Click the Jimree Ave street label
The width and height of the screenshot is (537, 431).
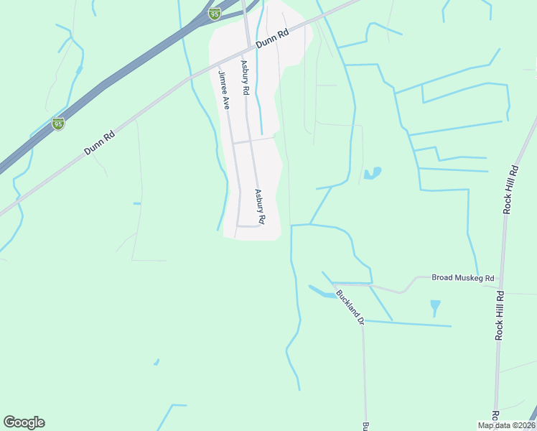pyautogui.click(x=223, y=90)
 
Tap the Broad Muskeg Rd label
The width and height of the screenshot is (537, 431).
pyautogui.click(x=463, y=278)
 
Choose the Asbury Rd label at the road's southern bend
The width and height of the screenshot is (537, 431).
pyautogui.click(x=260, y=206)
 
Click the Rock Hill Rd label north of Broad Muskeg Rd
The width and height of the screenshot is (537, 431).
pyautogui.click(x=510, y=190)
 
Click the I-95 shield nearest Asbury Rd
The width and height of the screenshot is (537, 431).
pyautogui.click(x=214, y=14)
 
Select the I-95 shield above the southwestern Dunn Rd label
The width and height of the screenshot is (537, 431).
pyautogui.click(x=58, y=124)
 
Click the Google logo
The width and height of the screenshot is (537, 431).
pyautogui.click(x=24, y=422)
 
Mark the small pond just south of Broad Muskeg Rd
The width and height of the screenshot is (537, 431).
pyautogui.click(x=435, y=307)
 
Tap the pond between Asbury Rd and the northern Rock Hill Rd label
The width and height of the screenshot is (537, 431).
pyautogui.click(x=372, y=173)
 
